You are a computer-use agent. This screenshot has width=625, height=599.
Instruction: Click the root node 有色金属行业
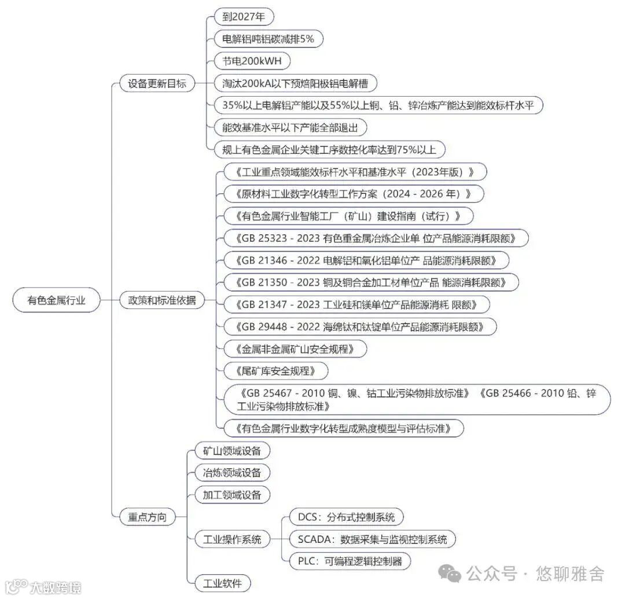click(x=57, y=300)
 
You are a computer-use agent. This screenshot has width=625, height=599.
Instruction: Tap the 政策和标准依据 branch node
click(x=162, y=300)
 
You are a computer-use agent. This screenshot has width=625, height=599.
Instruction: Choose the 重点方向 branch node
click(x=147, y=517)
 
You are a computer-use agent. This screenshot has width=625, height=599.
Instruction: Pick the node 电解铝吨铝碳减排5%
click(x=268, y=39)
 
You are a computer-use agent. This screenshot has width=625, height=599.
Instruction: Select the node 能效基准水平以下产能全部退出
click(x=291, y=127)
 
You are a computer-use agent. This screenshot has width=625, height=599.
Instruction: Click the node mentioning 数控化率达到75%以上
click(x=329, y=150)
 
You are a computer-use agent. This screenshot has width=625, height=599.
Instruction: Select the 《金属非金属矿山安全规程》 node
click(x=294, y=349)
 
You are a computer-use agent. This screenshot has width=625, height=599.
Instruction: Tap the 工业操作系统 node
click(x=228, y=539)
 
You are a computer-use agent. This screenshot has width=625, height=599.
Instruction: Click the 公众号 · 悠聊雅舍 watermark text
click(x=535, y=574)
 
